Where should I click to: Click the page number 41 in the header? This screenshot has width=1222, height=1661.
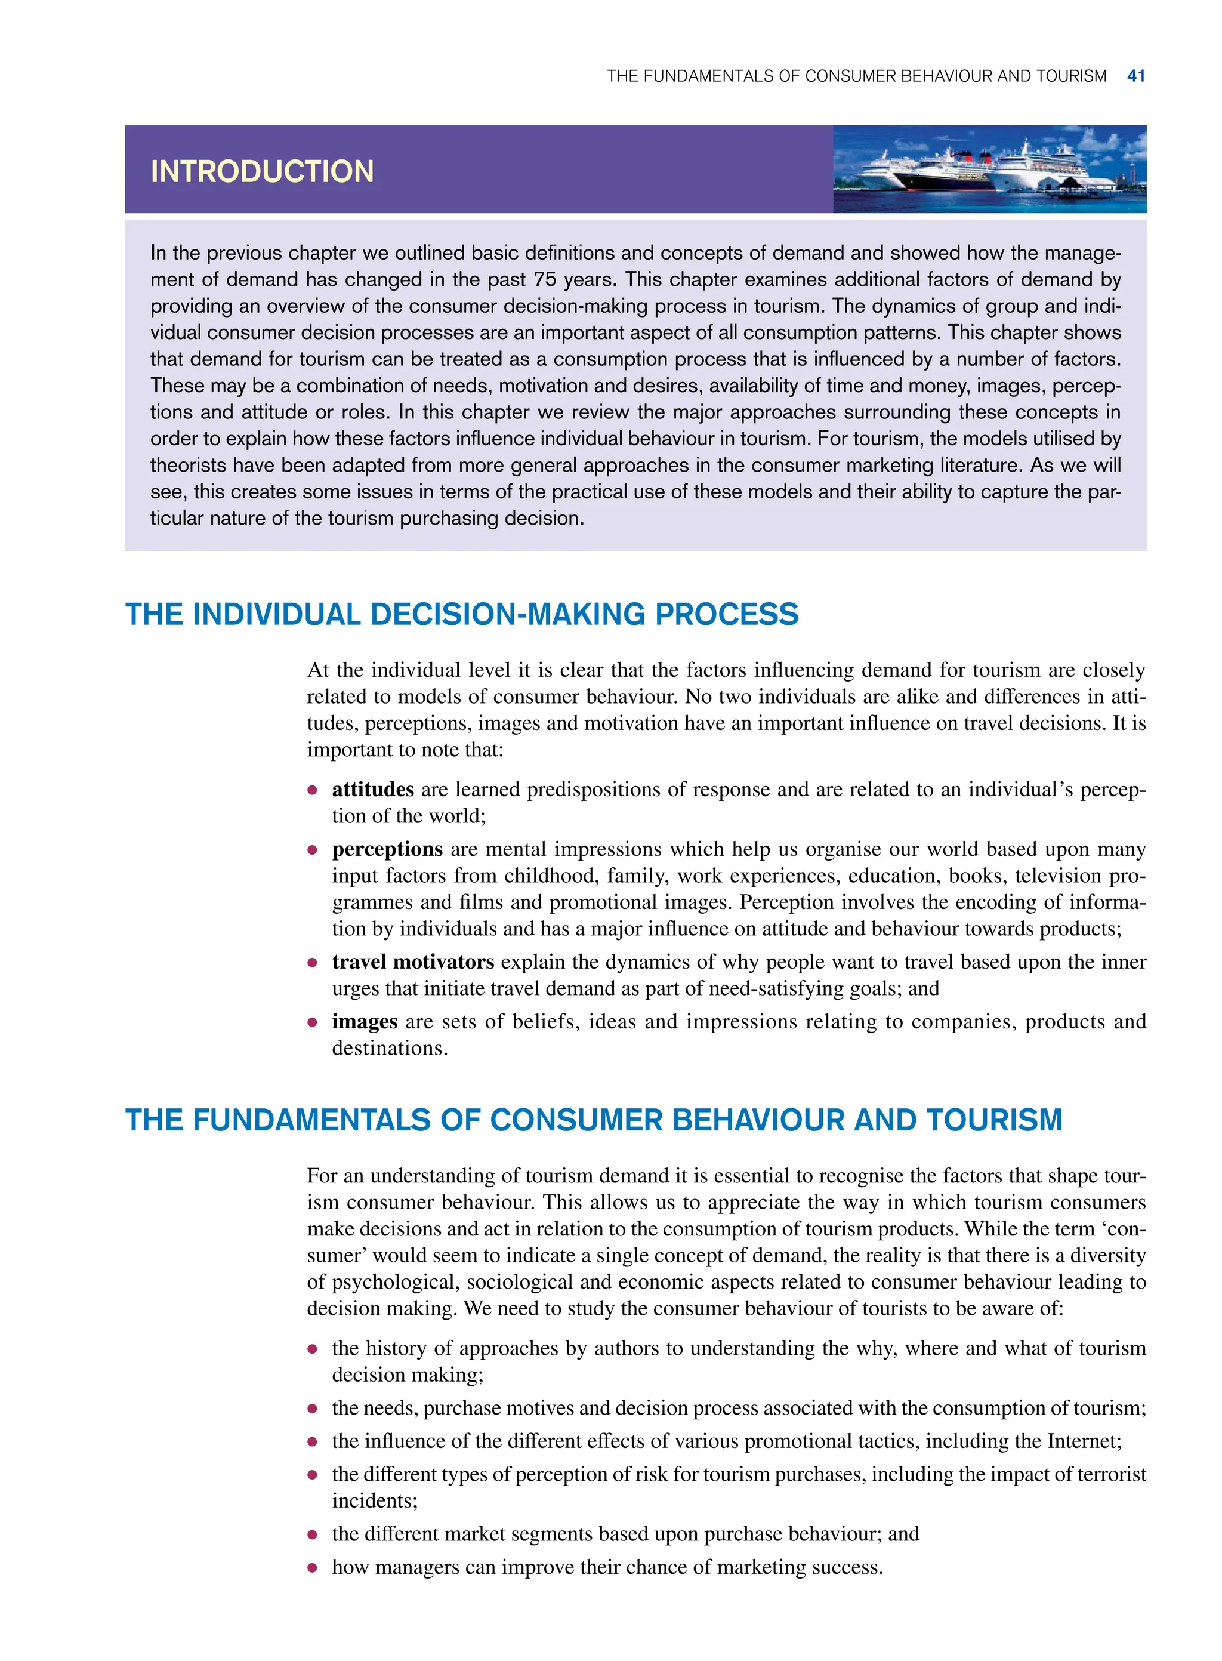(x=1136, y=76)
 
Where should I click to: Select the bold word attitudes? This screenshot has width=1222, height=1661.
(x=373, y=790)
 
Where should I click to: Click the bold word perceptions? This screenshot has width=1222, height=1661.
(x=387, y=849)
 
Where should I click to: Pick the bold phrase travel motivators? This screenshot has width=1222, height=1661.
(x=413, y=962)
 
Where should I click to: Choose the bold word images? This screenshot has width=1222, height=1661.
(x=365, y=1022)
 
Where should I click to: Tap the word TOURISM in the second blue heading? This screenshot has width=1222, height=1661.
(x=994, y=1120)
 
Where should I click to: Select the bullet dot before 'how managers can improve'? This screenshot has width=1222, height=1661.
(x=313, y=1568)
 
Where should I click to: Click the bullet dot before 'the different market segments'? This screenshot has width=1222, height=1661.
(x=313, y=1534)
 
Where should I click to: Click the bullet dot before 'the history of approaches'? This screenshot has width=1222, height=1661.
(x=313, y=1349)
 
